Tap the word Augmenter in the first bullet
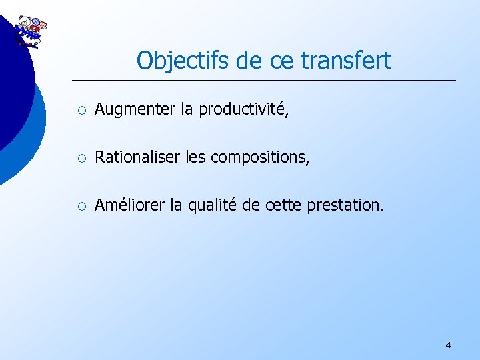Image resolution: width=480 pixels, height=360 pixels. [135, 110]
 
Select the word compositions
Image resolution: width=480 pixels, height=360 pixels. [260, 158]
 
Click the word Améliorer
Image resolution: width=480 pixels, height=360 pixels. [131, 205]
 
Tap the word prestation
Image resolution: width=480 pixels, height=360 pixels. [346, 205]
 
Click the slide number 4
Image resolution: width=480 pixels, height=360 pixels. [448, 345]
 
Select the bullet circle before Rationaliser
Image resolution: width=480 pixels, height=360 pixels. [81, 158]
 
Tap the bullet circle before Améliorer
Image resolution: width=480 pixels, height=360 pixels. [81, 205]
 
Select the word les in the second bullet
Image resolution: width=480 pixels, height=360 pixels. [196, 157]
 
